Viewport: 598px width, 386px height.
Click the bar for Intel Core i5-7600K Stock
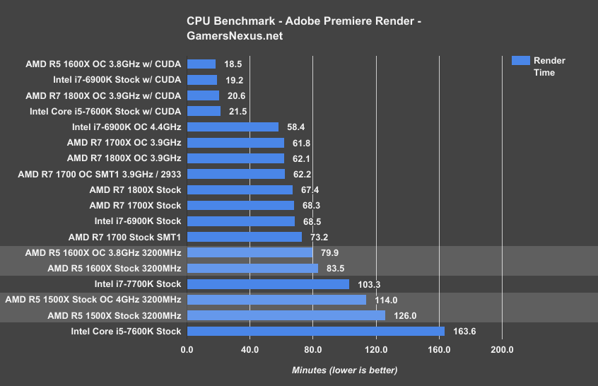[x=315, y=331]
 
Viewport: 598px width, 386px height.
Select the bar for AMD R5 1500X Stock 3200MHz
[x=286, y=315]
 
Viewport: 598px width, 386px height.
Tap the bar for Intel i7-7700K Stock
[x=268, y=284]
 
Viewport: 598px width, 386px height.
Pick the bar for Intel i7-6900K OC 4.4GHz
[x=233, y=127]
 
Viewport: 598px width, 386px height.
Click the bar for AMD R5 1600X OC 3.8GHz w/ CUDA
[x=201, y=64]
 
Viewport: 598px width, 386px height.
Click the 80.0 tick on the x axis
[x=313, y=349]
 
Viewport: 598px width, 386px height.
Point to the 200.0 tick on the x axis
[x=502, y=349]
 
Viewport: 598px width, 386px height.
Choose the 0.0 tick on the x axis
[x=187, y=349]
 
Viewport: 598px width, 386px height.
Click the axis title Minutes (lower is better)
[x=344, y=370]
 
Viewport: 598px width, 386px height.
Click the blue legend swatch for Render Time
[x=520, y=61]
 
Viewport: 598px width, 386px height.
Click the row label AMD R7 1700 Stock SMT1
[x=124, y=237]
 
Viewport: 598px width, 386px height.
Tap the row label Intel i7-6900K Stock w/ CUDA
[x=117, y=80]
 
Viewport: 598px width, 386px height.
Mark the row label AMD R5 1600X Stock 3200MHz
[x=114, y=269]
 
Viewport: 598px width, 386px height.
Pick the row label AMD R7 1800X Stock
[x=135, y=189]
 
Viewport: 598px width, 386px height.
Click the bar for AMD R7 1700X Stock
[x=240, y=206]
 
